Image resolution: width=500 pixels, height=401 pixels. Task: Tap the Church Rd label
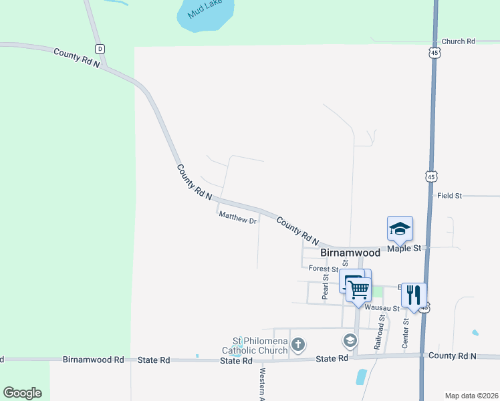[458, 41]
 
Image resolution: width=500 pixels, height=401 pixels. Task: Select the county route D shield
[100, 49]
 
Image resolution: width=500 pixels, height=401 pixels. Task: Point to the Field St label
[449, 196]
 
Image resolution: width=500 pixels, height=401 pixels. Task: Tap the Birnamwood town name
[350, 253]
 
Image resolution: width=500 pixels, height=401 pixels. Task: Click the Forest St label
[324, 268]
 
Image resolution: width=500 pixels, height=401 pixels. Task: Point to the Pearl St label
[326, 286]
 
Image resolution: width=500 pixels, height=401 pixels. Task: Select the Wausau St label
[382, 308]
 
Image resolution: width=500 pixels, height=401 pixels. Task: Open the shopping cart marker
[359, 289]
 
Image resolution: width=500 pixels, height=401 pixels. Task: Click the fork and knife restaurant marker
[414, 295]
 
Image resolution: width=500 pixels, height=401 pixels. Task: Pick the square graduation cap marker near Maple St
[400, 229]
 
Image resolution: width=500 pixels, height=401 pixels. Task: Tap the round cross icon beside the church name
[298, 345]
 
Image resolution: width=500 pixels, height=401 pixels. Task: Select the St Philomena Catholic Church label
[255, 346]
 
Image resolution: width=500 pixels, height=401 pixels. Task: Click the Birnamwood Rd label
[94, 360]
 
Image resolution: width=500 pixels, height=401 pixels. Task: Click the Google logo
[22, 393]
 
